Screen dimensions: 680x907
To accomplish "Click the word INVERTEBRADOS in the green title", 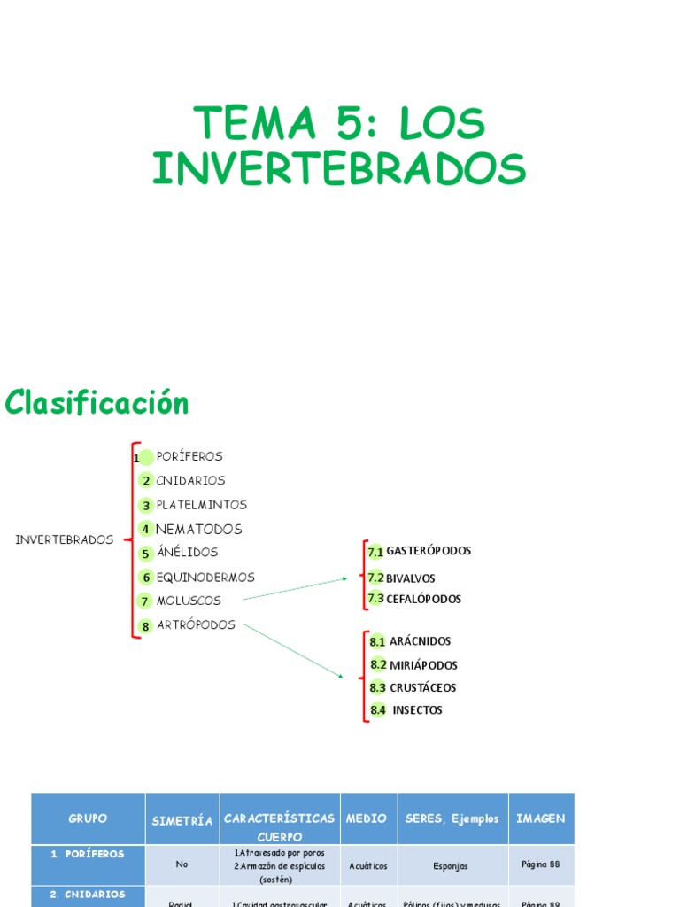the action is coord(339,168).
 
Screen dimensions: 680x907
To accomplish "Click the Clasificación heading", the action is coord(97,403).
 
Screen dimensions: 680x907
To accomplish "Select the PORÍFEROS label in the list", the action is coord(189,457).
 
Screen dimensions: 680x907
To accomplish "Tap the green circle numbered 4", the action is coord(145,530).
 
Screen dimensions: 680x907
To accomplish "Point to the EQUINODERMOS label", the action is coord(205,578).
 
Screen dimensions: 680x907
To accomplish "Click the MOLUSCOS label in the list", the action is coord(189,601).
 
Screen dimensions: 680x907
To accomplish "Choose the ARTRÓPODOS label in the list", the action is coord(196,625).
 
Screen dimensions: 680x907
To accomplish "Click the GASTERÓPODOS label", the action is coord(429,551).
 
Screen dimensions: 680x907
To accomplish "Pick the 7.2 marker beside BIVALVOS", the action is coord(375,578).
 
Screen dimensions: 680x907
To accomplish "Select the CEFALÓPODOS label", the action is coord(423,600).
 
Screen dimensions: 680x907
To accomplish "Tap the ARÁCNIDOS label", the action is coord(420,641).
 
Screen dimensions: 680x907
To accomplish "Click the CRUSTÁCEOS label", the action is coord(423,688).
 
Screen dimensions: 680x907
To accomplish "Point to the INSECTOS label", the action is coord(417,710).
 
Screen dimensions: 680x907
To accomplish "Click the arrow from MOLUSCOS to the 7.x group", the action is coord(296,589).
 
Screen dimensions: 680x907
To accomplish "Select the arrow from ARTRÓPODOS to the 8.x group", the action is coord(293,651).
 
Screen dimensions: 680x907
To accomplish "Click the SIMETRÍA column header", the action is coord(182,821).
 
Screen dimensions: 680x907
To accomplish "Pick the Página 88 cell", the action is coord(540,864).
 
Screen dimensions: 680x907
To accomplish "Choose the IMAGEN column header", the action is coord(540,818).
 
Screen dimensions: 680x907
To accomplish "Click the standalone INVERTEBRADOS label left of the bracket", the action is coord(65,539).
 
